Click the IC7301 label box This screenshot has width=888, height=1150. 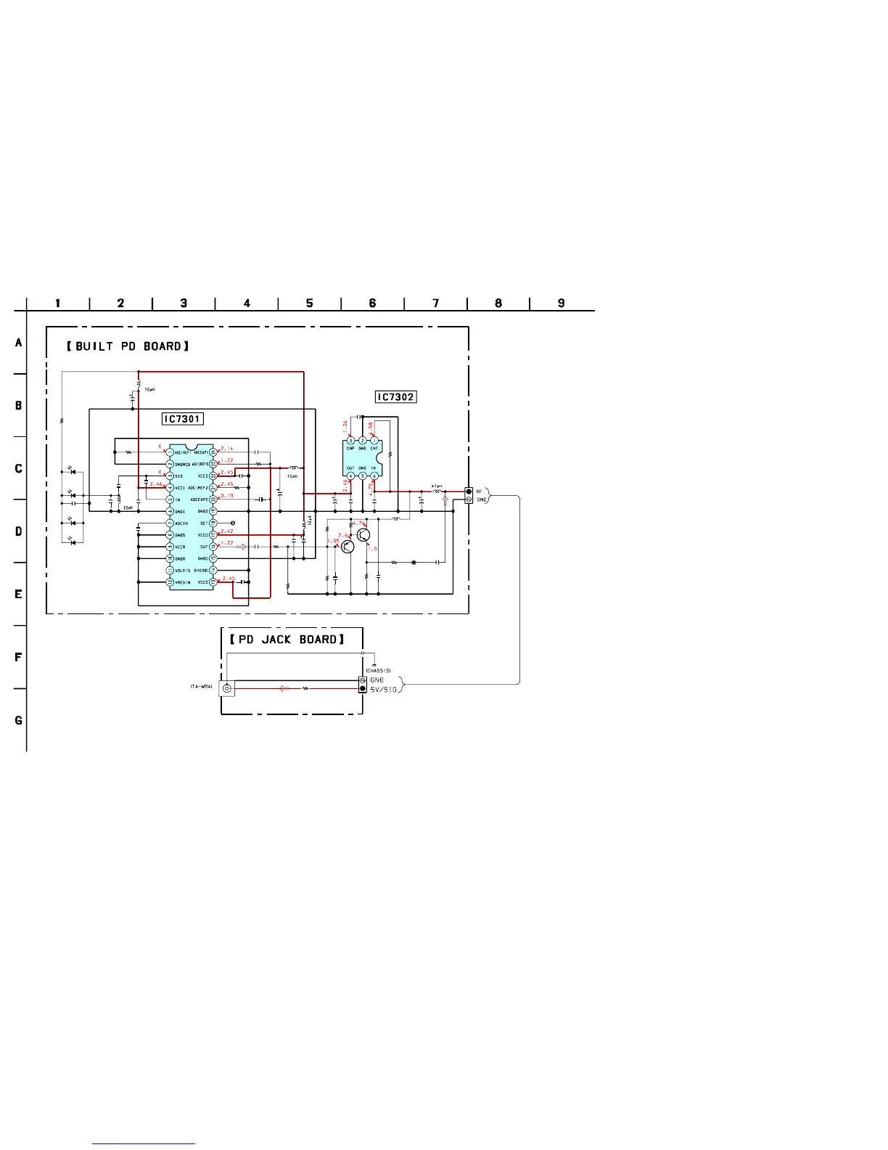point(182,419)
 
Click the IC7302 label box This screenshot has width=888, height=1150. point(396,397)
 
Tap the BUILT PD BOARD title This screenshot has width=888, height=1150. point(128,346)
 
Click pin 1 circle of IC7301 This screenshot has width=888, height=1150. point(170,452)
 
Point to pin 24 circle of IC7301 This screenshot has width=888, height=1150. point(213,452)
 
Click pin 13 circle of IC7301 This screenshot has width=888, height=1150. point(213,582)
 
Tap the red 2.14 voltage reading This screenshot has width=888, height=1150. point(227,449)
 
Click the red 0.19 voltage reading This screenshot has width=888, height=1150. point(227,496)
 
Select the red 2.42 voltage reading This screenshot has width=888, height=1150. point(227,531)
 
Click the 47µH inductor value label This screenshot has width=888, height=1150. point(436,486)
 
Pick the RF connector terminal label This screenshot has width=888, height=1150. point(479,492)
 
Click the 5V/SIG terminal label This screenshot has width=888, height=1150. point(384,689)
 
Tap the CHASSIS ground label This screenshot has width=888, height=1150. point(379,670)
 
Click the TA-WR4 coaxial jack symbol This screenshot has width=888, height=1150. point(227,688)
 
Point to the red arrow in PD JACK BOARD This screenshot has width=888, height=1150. point(284,688)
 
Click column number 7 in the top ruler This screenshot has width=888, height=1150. point(435,303)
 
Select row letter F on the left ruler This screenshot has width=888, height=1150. point(19,658)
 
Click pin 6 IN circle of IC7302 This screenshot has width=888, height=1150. point(374,476)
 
